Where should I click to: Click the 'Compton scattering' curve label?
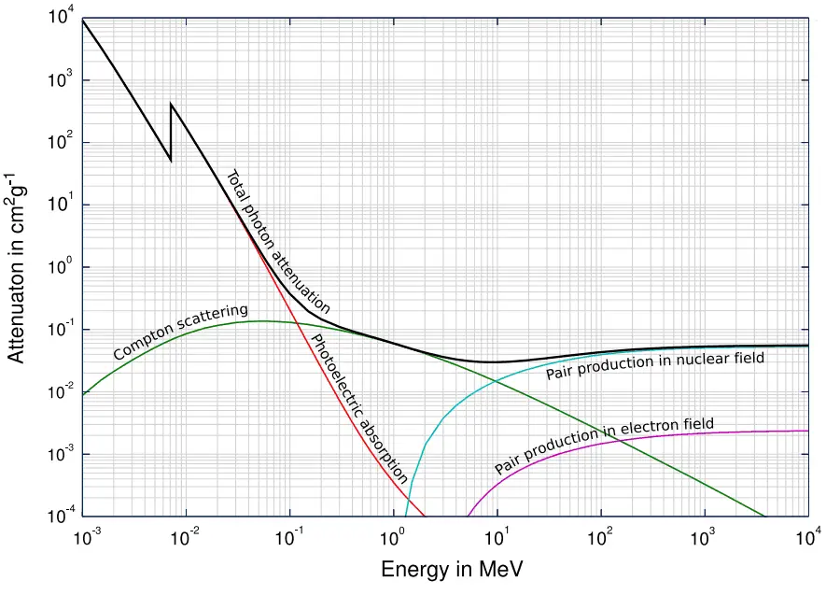click(181, 332)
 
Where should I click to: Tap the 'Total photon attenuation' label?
click(279, 241)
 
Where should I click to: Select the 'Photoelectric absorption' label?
click(358, 407)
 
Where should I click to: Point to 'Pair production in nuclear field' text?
click(654, 365)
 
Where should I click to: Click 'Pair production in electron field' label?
click(604, 446)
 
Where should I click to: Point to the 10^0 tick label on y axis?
click(61, 268)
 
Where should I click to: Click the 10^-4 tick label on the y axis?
click(61, 517)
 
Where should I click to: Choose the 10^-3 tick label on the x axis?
click(84, 537)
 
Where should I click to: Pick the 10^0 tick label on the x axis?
click(394, 537)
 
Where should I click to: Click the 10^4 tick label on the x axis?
click(807, 537)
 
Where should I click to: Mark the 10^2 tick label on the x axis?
click(600, 537)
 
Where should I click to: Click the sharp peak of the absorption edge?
click(171, 104)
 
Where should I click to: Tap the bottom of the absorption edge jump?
click(171, 160)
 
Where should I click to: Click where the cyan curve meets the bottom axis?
click(406, 516)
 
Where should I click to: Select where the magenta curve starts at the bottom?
click(466, 516)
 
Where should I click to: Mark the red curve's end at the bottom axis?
click(425, 516)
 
